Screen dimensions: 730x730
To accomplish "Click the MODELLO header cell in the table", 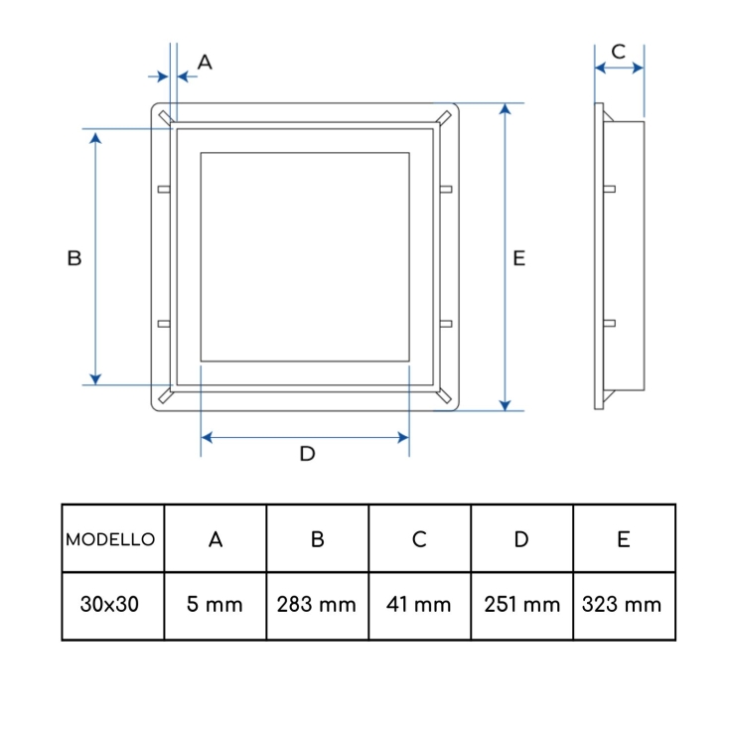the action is pyautogui.click(x=110, y=539).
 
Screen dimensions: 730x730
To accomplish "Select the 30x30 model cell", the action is pyautogui.click(x=109, y=604).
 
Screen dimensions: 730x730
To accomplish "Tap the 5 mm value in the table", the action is pyautogui.click(x=215, y=604).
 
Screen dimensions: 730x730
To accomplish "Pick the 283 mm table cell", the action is pyautogui.click(x=317, y=604).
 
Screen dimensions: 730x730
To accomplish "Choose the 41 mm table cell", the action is pyautogui.click(x=419, y=604).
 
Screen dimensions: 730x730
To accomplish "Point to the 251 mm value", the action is pyautogui.click(x=521, y=604).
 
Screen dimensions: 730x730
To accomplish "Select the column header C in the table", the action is pyautogui.click(x=419, y=539).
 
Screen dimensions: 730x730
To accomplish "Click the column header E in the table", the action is pyautogui.click(x=624, y=539).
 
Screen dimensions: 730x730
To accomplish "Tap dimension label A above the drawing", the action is pyautogui.click(x=205, y=62).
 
